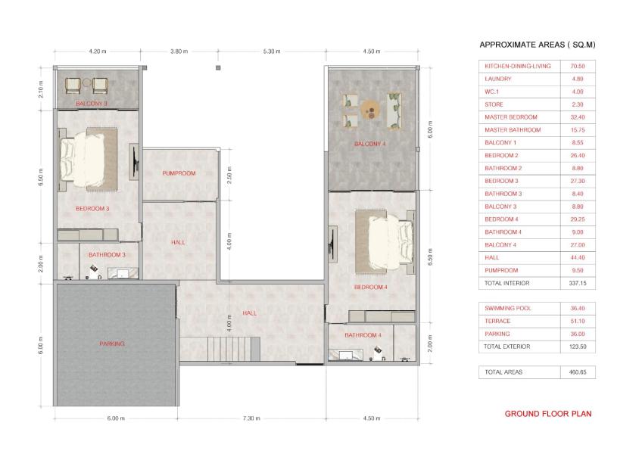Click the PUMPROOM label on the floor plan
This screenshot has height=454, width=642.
tap(179, 173)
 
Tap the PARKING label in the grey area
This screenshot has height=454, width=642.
tap(112, 344)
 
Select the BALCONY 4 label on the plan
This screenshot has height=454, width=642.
tap(369, 144)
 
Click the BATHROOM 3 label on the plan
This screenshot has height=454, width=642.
tap(107, 255)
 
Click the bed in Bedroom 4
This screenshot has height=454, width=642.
tap(385, 242)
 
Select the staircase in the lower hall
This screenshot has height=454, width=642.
tap(234, 349)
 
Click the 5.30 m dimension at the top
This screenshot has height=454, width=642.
tap(272, 51)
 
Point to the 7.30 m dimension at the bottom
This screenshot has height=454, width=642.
tap(251, 418)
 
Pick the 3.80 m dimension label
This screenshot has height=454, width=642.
tap(179, 51)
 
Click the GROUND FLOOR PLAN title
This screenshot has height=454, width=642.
tap(548, 414)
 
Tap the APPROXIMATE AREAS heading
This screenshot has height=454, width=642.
tap(538, 45)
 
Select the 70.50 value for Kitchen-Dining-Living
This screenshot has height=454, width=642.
tap(578, 66)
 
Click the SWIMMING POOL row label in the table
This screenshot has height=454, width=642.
tap(508, 308)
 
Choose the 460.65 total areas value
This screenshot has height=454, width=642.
tap(578, 372)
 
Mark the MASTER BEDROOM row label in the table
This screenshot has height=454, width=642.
tap(510, 117)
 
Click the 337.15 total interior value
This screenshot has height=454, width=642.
tap(578, 283)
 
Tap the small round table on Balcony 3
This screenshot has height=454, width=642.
tap(86, 83)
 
